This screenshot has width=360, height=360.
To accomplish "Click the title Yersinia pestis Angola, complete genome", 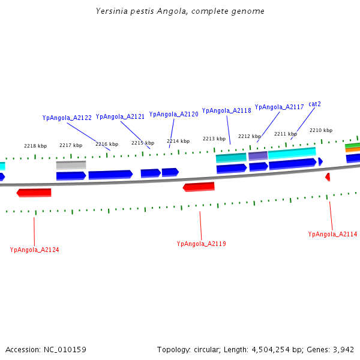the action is click(x=180, y=11).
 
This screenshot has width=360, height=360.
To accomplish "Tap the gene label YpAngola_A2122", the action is click(x=67, y=118).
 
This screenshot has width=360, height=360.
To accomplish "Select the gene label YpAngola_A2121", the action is click(x=120, y=116).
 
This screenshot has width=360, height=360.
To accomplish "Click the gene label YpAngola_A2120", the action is click(x=173, y=114).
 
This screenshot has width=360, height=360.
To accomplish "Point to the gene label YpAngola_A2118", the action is click(x=226, y=110).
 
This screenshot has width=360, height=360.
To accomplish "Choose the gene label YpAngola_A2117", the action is click(x=279, y=107).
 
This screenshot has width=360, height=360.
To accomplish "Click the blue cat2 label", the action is click(x=314, y=104).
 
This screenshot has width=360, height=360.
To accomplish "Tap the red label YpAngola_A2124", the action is click(x=34, y=250).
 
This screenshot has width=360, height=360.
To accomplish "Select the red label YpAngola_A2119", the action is click(x=201, y=244).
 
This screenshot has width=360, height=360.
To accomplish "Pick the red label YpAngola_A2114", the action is click(x=332, y=234).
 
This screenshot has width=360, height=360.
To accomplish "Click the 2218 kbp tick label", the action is click(x=35, y=146).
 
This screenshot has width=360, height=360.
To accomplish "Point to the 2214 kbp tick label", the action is click(x=178, y=141).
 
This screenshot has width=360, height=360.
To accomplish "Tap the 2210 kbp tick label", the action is click(x=321, y=130).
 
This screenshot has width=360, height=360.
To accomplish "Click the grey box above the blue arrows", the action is click(x=71, y=164).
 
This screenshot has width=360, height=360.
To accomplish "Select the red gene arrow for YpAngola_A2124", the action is click(x=34, y=193).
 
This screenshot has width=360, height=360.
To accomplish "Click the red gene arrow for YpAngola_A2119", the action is click(x=199, y=187).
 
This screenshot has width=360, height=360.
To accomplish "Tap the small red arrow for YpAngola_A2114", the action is click(x=328, y=177).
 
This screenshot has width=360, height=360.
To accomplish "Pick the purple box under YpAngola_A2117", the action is click(x=258, y=155).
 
